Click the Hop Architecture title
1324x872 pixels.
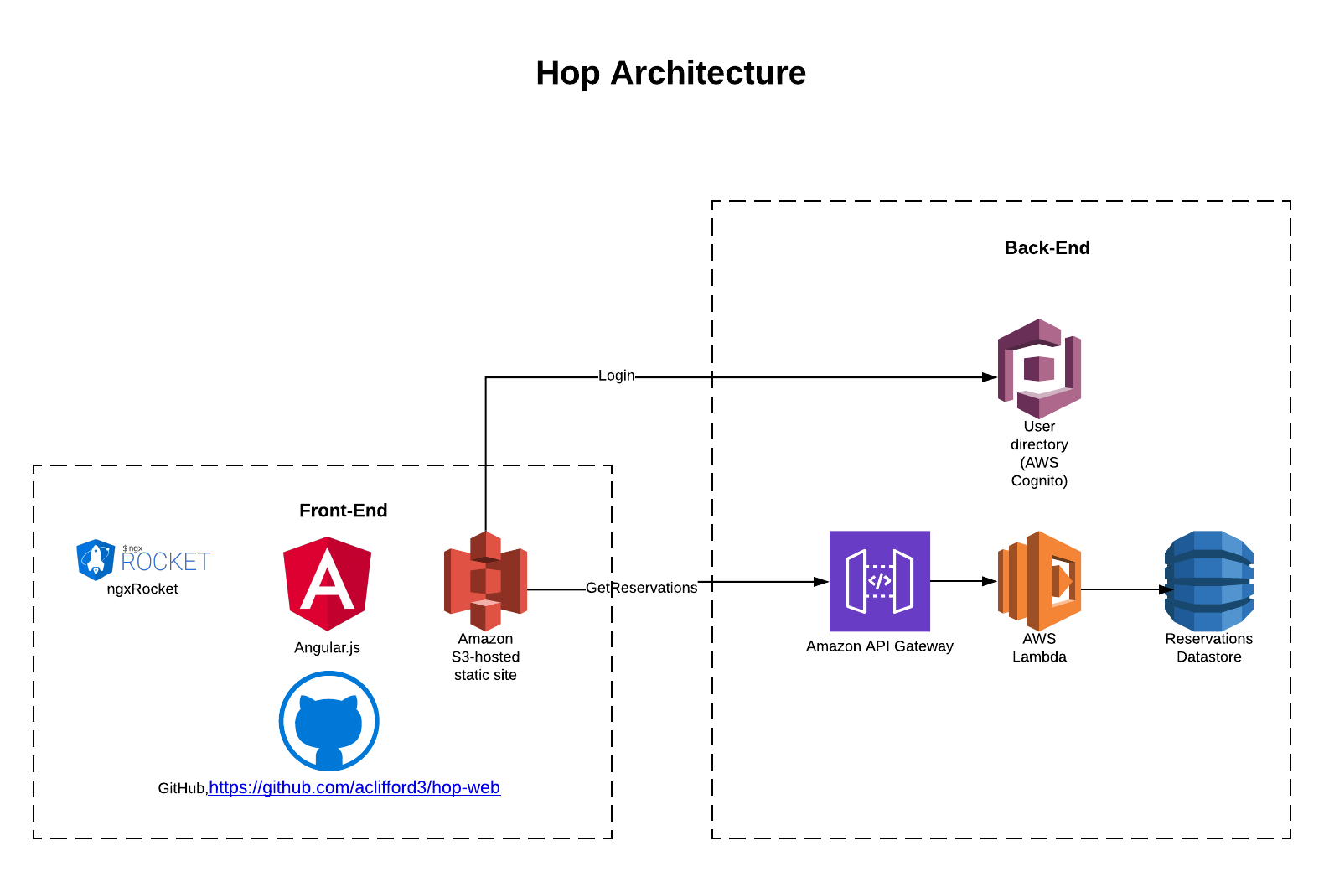click(x=670, y=73)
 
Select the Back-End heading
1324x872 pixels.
click(x=1047, y=248)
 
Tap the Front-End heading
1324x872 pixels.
click(x=343, y=511)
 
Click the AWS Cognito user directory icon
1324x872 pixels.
click(x=1039, y=369)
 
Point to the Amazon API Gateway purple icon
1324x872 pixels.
click(x=879, y=581)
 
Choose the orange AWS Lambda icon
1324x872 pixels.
click(x=1039, y=581)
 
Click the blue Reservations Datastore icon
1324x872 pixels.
click(x=1208, y=581)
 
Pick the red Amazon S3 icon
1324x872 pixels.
click(x=485, y=581)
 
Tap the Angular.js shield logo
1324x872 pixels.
click(x=327, y=584)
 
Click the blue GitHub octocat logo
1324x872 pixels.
click(x=328, y=721)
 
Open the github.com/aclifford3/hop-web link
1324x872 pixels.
click(x=354, y=787)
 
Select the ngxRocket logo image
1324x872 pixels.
click(x=142, y=560)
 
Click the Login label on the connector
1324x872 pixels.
click(x=616, y=376)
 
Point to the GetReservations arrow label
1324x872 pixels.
click(x=641, y=588)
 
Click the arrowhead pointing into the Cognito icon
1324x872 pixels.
click(x=990, y=377)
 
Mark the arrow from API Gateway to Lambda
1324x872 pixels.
click(x=964, y=580)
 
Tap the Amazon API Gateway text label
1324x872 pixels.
click(x=879, y=646)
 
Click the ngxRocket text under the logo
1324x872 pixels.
click(x=142, y=589)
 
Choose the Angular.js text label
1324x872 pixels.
click(x=327, y=648)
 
